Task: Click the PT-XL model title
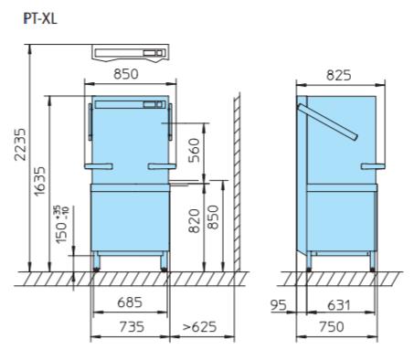tap(40, 19)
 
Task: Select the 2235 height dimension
tap(20, 144)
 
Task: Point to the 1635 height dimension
tap(39, 181)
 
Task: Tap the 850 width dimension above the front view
tap(126, 74)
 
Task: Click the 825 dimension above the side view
tap(338, 75)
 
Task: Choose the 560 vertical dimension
tap(194, 150)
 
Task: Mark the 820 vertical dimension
tap(194, 221)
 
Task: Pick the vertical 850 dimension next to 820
tap(213, 217)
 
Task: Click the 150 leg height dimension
tap(62, 225)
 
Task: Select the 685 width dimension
tap(130, 302)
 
